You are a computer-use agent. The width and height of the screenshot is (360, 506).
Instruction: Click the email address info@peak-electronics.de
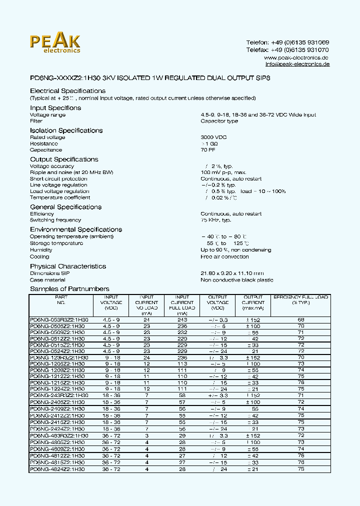coord(297,64)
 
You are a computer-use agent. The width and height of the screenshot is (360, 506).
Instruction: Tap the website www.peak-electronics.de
coord(296,57)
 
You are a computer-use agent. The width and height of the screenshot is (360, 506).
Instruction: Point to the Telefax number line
coord(287,50)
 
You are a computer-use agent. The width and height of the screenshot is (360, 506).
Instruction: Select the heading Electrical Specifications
coord(67,91)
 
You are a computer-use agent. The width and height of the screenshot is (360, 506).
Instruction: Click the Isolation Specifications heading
coord(66,130)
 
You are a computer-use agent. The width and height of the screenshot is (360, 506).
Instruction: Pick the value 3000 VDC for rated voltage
coord(213,137)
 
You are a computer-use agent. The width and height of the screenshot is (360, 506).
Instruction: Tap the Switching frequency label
coord(55,220)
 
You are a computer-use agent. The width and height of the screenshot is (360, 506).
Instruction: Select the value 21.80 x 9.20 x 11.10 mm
coord(232,273)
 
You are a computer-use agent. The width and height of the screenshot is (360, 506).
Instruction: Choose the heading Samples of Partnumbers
coord(69,289)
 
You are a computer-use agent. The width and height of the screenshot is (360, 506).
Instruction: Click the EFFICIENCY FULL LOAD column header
coord(300,299)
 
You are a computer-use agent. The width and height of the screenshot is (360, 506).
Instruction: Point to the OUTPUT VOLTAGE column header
coord(217,302)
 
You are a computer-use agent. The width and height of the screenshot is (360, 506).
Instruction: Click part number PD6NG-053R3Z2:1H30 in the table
coord(59,319)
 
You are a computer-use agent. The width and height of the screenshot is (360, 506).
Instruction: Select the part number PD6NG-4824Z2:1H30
coord(57,469)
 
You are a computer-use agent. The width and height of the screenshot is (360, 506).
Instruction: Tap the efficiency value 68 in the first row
coord(301,319)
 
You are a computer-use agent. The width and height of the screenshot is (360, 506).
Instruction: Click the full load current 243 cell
coord(182,319)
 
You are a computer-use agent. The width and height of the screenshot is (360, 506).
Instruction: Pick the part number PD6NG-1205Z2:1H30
coord(57,363)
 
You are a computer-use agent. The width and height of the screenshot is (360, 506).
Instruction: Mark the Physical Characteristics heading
coord(68,266)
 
